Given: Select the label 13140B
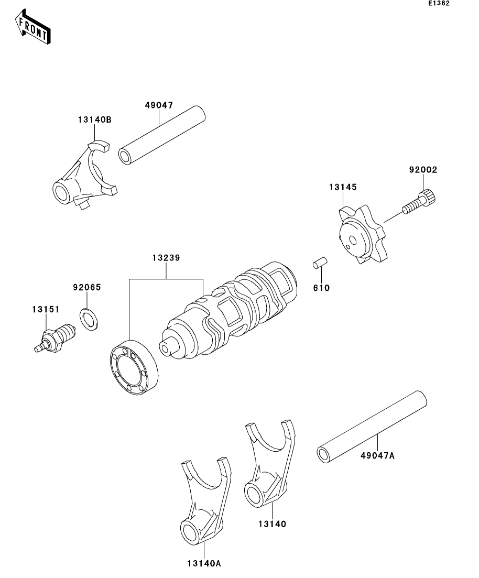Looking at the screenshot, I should (x=95, y=120).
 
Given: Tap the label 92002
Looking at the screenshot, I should (x=423, y=170).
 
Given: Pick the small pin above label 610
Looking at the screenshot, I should (x=320, y=263).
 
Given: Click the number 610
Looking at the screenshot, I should (x=321, y=288).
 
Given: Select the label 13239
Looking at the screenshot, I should (x=166, y=258).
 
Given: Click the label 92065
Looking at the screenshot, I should (x=86, y=287).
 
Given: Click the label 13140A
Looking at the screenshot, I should (x=203, y=563).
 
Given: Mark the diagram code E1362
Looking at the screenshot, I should (x=439, y=4).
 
